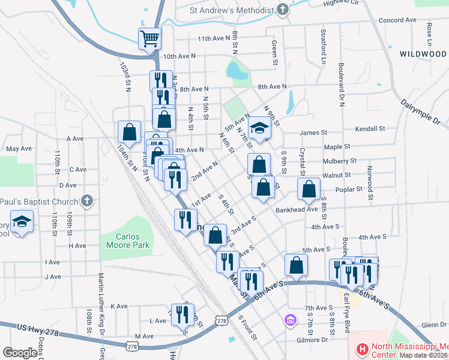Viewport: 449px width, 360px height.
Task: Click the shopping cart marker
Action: (x=150, y=40)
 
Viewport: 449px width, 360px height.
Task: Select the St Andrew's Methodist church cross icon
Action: (x=282, y=10)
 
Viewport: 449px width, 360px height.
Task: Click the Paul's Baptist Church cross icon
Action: (x=87, y=200)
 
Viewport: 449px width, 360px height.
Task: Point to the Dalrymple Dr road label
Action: (x=423, y=112)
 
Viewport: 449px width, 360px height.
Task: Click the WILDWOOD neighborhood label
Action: (x=423, y=54)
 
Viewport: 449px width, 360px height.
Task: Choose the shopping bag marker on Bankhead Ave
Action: (x=309, y=190)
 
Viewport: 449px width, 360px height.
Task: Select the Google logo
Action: (x=20, y=353)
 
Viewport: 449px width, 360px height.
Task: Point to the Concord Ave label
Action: (x=397, y=20)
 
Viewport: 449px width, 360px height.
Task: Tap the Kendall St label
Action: (x=370, y=129)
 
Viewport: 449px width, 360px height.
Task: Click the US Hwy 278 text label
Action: (x=39, y=327)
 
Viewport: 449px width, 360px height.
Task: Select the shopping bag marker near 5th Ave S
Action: (x=296, y=265)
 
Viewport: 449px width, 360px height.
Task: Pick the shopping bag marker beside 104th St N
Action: (x=129, y=131)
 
